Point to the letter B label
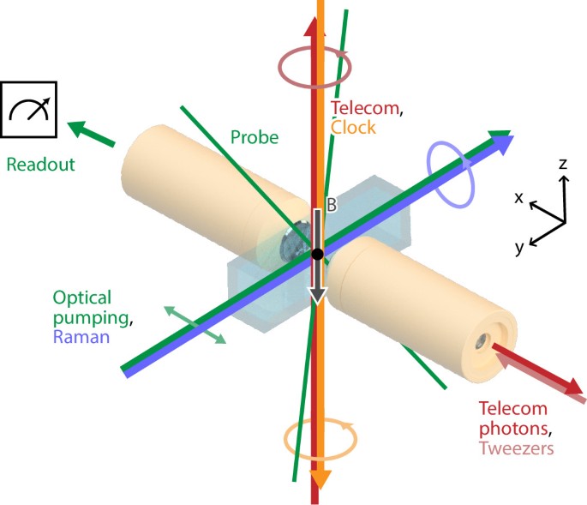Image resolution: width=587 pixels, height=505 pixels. pyautogui.click(x=330, y=206)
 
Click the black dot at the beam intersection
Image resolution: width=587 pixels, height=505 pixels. pyautogui.click(x=317, y=254)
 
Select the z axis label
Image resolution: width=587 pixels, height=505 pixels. pyautogui.click(x=562, y=163)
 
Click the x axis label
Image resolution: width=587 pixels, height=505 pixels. pyautogui.click(x=519, y=196)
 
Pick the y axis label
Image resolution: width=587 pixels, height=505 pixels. pyautogui.click(x=520, y=248)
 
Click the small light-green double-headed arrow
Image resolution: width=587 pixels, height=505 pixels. pyautogui.click(x=196, y=325)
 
